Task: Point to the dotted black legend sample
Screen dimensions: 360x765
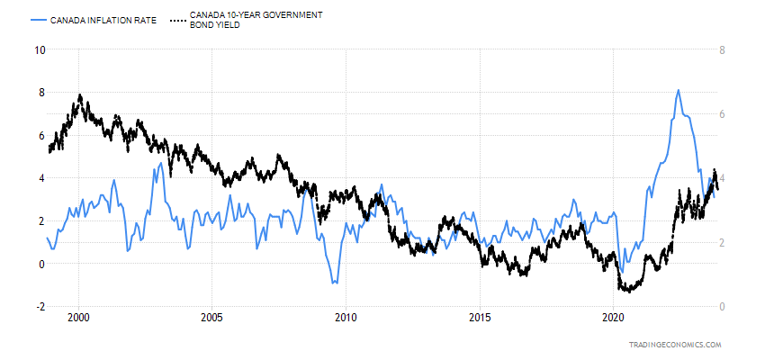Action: [177, 19]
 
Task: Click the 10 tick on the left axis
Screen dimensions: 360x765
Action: [39, 49]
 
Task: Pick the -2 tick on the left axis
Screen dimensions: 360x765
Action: [39, 307]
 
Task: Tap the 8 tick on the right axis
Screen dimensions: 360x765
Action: [724, 49]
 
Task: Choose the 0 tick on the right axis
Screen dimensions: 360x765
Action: [724, 307]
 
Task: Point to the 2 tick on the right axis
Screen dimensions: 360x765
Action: [724, 243]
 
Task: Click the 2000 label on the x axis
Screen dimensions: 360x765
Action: [78, 318]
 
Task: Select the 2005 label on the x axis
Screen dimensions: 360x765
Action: [211, 318]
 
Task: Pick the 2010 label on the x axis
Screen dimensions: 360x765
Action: [346, 318]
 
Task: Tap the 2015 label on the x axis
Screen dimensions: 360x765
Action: [480, 318]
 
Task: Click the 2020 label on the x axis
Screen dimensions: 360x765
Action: [613, 318]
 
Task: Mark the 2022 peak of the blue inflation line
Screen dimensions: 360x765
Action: [678, 90]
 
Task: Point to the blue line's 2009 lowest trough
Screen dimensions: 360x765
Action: [334, 283]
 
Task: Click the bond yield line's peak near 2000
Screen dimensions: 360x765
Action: [80, 94]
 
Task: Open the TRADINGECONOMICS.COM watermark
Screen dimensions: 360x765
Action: [675, 345]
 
